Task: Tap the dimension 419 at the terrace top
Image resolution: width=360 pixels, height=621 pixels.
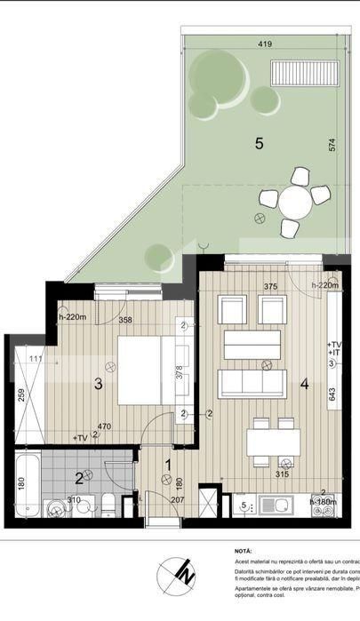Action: tap(265, 43)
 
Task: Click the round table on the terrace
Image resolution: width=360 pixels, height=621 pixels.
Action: tap(295, 203)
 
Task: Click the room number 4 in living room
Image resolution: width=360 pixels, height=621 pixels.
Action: tap(304, 385)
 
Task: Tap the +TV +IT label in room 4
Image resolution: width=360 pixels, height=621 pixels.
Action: tap(334, 348)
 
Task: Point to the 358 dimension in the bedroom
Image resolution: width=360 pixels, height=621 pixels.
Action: tap(125, 319)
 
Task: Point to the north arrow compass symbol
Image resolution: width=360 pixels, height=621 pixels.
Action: tap(178, 577)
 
